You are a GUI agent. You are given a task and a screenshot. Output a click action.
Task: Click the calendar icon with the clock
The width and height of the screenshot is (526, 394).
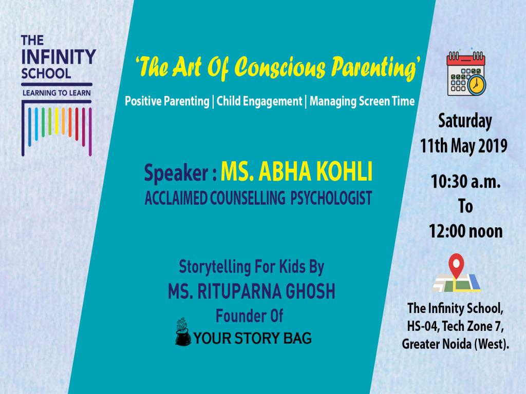point(466,75)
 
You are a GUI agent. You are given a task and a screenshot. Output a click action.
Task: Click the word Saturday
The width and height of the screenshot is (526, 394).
point(464,122)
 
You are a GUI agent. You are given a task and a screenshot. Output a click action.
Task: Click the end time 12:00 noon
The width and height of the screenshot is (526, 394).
point(465,231)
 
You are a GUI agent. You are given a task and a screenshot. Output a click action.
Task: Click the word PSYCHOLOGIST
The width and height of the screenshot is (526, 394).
point(331,199)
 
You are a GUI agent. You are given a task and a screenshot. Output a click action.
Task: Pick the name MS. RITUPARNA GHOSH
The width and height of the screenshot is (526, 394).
point(251,291)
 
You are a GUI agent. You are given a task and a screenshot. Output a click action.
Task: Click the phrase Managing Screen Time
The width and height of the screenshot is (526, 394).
point(362,102)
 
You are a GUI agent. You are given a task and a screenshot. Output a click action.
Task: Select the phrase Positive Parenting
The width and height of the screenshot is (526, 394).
point(167,102)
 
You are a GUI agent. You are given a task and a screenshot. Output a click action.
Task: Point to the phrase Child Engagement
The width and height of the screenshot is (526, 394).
point(259,102)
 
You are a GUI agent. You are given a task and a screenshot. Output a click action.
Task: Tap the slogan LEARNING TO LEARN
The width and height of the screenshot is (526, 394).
point(57,93)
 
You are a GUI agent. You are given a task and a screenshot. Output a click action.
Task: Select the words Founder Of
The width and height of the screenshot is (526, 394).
point(249,316)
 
